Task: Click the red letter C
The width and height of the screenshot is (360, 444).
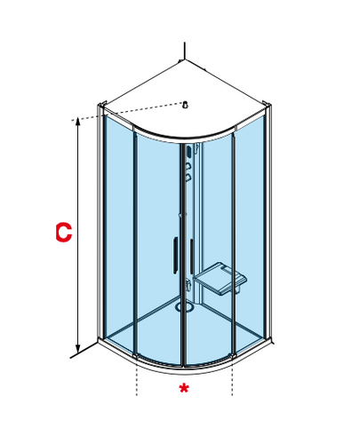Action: (x=64, y=233)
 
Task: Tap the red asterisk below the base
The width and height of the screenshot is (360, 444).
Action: (x=184, y=388)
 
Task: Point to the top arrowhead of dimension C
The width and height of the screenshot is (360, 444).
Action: (x=78, y=121)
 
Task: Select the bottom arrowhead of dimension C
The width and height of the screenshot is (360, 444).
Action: (x=78, y=349)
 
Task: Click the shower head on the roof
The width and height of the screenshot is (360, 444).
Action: (x=186, y=105)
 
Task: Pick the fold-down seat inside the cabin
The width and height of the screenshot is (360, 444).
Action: (x=220, y=279)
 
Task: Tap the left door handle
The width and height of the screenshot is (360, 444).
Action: (x=175, y=255)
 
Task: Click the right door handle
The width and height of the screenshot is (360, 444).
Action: (x=192, y=257)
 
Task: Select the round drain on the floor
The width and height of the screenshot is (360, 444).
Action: (x=184, y=306)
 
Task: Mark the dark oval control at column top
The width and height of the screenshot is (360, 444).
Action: (x=189, y=152)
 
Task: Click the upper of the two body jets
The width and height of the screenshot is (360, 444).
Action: (x=188, y=166)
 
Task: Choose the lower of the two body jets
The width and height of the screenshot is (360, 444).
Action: (x=188, y=178)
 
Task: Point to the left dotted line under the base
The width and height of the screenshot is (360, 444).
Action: (x=137, y=381)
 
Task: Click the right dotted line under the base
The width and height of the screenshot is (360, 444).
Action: (x=232, y=381)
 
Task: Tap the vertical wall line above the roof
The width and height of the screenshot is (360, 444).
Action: (x=185, y=51)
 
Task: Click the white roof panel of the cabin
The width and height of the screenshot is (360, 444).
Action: (x=185, y=98)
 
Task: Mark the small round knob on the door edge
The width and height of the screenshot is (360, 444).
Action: (x=180, y=215)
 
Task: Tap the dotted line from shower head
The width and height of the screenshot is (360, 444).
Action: (x=127, y=111)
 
